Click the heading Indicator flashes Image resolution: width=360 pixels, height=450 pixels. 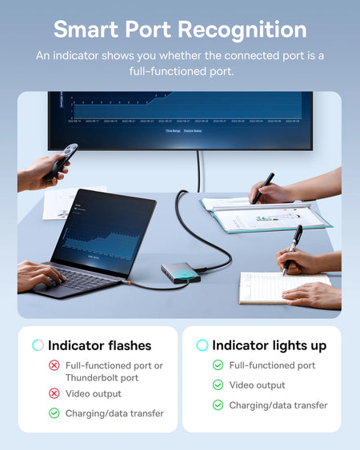[x=99, y=346]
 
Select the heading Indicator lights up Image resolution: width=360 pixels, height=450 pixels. [x=269, y=345]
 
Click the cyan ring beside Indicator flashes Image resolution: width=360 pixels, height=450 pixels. [x=38, y=345]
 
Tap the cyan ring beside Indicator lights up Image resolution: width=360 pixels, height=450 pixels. [x=202, y=345]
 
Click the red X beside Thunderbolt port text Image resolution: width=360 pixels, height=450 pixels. [x=54, y=365]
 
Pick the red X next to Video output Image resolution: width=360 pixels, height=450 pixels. [x=54, y=393]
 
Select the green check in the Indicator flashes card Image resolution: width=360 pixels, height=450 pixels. [x=54, y=413]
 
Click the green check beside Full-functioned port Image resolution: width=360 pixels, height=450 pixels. [x=218, y=365]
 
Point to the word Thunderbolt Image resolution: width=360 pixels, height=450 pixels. [x=92, y=377]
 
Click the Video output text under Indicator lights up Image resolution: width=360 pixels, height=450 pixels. [x=257, y=385]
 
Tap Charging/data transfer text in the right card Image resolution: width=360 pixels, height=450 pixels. [x=278, y=405]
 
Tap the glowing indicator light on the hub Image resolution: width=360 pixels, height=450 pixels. [x=186, y=273]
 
